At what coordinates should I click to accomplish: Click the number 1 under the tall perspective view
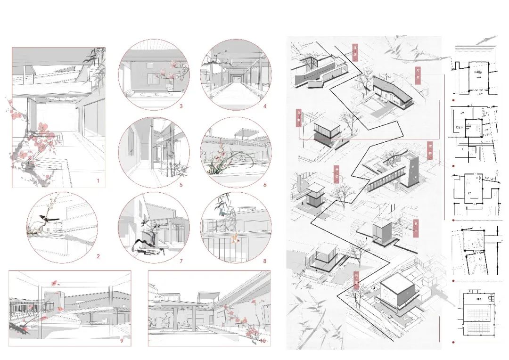pyautogui.click(x=98, y=181)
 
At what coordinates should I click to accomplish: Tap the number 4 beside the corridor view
pyautogui.click(x=265, y=106)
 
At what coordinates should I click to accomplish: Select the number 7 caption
pyautogui.click(x=181, y=261)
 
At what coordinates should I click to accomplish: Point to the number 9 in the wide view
pyautogui.click(x=122, y=340)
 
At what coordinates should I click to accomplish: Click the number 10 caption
pyautogui.click(x=263, y=340)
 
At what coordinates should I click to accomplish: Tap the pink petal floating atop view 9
pyautogui.click(x=55, y=283)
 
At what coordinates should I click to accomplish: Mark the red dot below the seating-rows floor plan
pyautogui.click(x=453, y=342)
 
